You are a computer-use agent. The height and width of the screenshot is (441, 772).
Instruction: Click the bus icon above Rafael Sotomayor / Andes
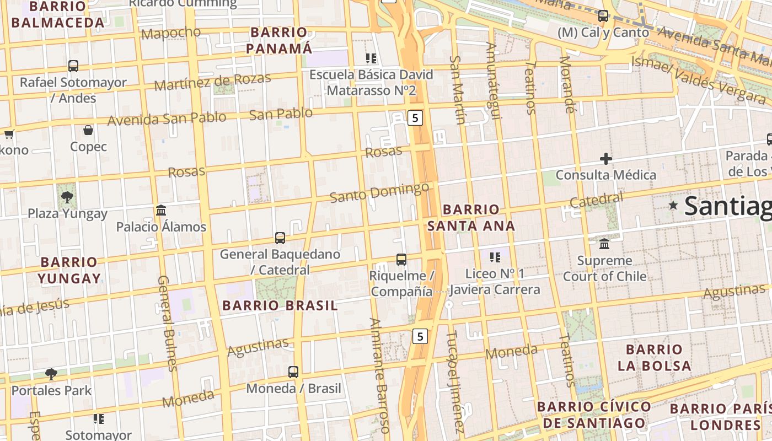tap(73, 66)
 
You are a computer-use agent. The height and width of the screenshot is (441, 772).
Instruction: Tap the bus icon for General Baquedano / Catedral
tap(280, 238)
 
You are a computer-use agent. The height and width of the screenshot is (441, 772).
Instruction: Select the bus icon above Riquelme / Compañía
tap(401, 259)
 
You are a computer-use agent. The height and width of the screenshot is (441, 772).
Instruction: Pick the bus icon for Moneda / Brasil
tap(293, 372)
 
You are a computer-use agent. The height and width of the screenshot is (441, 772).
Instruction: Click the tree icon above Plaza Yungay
tap(67, 197)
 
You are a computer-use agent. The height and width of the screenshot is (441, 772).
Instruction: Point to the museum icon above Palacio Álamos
tap(161, 210)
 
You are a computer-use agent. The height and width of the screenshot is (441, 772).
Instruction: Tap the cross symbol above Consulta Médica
tap(606, 159)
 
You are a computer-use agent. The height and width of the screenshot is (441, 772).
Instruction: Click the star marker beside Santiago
tap(673, 206)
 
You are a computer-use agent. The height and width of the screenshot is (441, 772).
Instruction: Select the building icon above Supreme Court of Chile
tap(604, 244)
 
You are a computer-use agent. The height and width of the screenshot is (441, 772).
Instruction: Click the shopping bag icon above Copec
tap(88, 131)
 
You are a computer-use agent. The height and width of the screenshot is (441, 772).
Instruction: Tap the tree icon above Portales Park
tap(51, 374)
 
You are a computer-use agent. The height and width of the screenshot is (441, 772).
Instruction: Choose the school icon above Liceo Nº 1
tap(495, 257)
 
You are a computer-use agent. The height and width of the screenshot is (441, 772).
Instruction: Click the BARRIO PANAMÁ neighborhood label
tap(278, 40)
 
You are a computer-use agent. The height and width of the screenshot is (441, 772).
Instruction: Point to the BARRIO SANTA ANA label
tap(471, 218)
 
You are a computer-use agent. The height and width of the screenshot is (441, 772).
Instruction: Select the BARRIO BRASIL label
tap(280, 306)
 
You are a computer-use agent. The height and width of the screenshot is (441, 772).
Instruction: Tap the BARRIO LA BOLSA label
tap(654, 357)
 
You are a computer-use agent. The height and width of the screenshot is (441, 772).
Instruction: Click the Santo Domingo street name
tap(379, 192)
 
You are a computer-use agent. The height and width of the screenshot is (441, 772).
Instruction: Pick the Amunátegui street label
tap(493, 80)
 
